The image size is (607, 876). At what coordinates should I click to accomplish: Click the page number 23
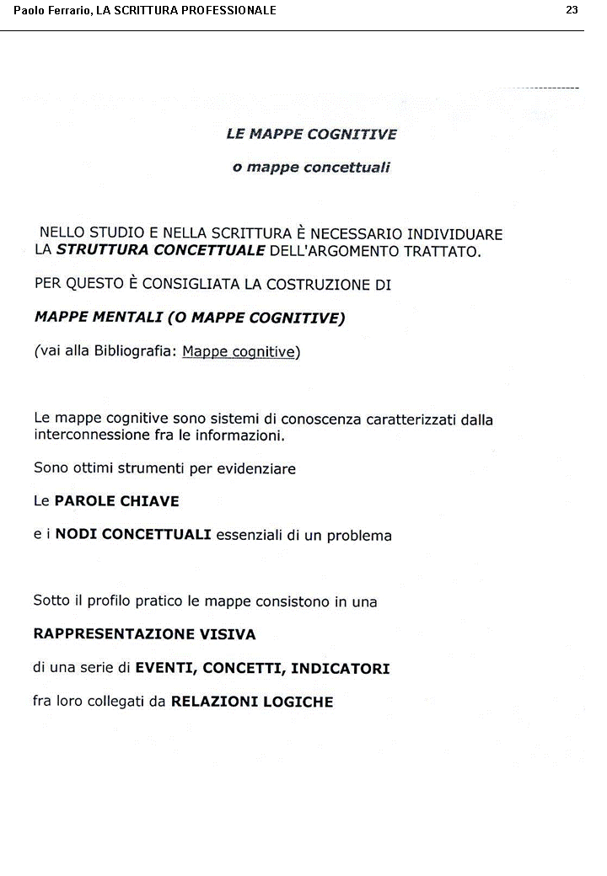572,10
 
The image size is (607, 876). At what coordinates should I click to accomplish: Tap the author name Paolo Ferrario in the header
50,10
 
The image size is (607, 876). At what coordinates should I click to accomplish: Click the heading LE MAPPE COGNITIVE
311,134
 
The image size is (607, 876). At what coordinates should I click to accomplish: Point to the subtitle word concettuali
347,168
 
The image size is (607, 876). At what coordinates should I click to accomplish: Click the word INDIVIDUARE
454,233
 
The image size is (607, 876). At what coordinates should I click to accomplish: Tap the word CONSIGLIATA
191,284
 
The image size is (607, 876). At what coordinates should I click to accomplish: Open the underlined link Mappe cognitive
238,351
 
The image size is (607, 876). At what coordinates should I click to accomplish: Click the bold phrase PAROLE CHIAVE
116,501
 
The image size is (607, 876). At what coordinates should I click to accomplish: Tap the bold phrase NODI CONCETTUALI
133,535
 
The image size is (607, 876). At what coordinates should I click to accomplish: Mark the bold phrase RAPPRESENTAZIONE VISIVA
144,634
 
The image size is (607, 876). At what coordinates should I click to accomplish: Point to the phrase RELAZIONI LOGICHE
252,701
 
